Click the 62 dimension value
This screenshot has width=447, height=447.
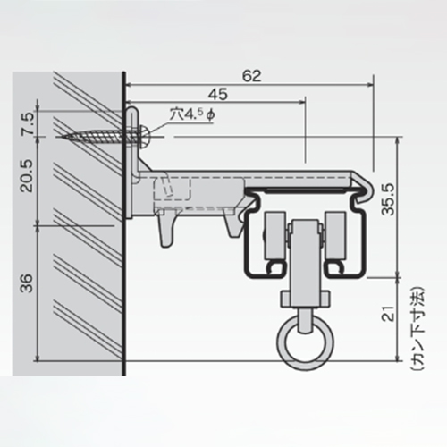tap(252, 76)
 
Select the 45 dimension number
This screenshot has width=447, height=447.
tap(217, 94)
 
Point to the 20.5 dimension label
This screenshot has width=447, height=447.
tap(29, 176)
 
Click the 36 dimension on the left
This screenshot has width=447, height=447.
tap(28, 283)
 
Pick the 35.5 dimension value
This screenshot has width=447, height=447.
tap(389, 199)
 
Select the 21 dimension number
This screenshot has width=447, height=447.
tap(389, 313)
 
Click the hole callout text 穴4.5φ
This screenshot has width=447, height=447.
tap(191, 114)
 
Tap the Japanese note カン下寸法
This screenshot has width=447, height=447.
tap(417, 328)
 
